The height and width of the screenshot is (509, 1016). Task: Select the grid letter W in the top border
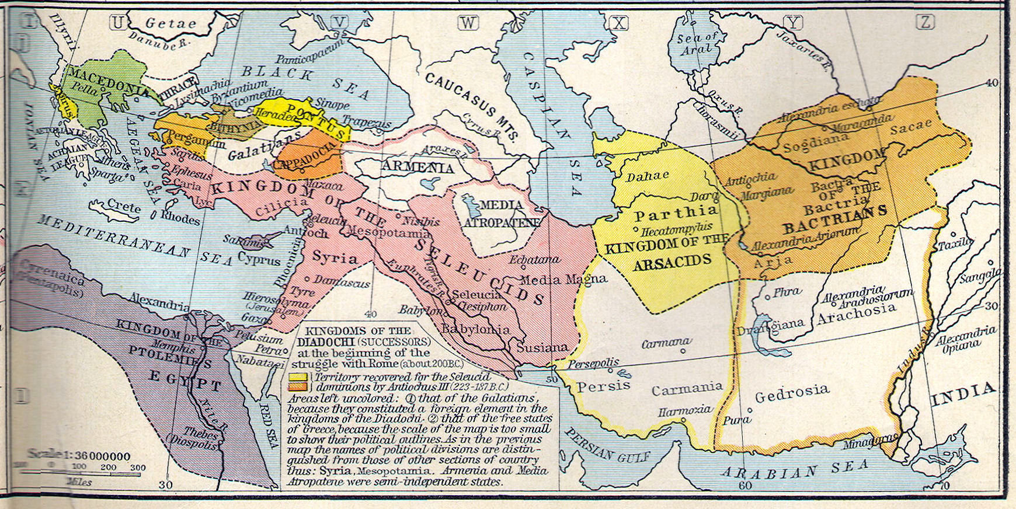click(x=467, y=23)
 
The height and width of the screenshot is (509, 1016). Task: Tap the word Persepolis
click(x=593, y=362)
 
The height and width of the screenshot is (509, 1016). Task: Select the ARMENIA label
click(x=417, y=168)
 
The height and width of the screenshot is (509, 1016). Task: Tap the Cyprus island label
click(x=259, y=259)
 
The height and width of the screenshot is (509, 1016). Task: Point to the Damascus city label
click(x=342, y=282)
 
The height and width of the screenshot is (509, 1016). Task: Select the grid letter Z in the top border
click(x=925, y=23)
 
